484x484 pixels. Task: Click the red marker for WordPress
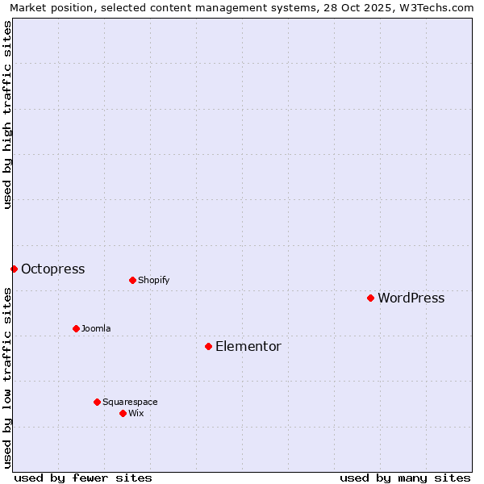point(370,298)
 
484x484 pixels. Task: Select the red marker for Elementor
point(208,346)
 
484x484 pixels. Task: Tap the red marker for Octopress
point(14,269)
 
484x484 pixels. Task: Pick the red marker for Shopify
point(132,280)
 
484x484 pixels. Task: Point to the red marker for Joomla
point(76,328)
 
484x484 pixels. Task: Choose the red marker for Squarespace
point(97,402)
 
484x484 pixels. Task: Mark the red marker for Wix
point(123,413)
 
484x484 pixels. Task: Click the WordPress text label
point(411,298)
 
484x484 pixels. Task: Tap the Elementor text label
point(248,347)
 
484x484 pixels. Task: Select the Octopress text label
point(52,269)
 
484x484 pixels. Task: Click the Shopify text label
point(153,281)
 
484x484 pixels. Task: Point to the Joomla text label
point(96,329)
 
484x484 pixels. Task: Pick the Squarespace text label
point(130,403)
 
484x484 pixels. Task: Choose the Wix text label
point(136,414)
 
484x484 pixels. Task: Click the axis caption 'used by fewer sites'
point(83,478)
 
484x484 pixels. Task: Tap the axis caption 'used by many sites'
point(405,478)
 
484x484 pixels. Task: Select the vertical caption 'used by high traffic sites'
point(8,115)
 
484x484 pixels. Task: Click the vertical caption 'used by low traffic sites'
point(8,377)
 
